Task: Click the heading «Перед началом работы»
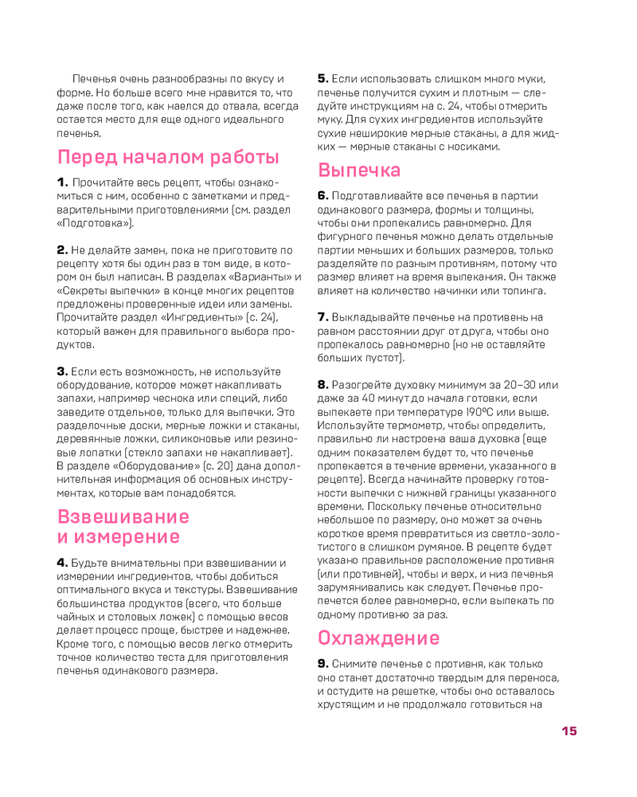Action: pos(168,156)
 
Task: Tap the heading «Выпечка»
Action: pos(359,170)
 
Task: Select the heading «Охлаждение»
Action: pos(378,638)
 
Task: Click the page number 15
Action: pos(569,731)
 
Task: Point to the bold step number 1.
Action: pos(62,183)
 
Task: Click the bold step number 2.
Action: pos(62,250)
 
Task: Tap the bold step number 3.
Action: pos(62,371)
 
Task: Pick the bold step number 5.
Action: pos(323,78)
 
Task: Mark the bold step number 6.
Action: pos(323,195)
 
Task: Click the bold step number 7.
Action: pos(323,316)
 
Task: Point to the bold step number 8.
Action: pos(323,384)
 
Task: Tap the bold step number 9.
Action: pos(323,663)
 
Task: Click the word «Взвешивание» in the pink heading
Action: pos(123,516)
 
